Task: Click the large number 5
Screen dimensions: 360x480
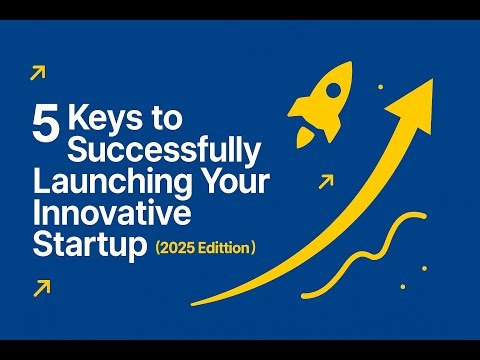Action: tap(44, 128)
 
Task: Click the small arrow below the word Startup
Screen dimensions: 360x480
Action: tap(41, 288)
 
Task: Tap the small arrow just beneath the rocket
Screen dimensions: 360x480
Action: tap(324, 182)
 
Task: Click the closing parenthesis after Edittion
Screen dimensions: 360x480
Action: tap(257, 246)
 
